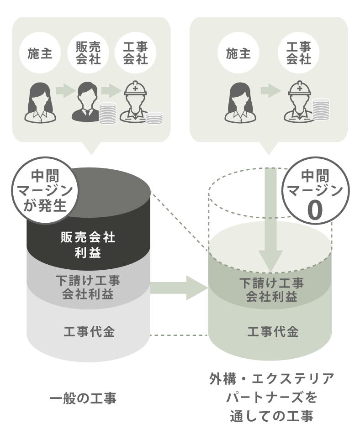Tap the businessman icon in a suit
85,103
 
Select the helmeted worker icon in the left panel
132,103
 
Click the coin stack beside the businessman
108,113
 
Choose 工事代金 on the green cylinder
272,332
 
